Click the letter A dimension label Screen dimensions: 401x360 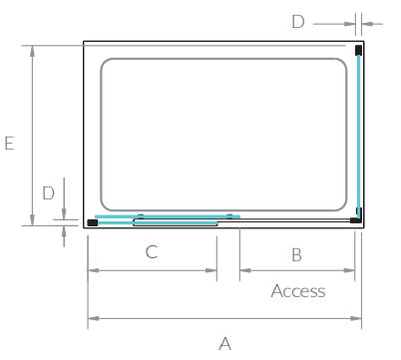tap(224, 344)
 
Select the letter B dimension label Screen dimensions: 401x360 tap(296, 255)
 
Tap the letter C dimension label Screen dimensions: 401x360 tap(152, 252)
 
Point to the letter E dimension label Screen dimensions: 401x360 tap(9, 143)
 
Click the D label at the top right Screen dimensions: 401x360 tap(298, 22)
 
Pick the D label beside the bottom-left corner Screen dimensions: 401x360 tap(48, 193)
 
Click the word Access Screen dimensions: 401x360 tap(298, 291)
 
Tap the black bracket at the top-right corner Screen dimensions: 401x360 tap(358, 50)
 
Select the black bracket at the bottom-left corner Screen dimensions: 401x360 tap(92, 222)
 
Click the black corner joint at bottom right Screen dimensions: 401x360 tap(357, 218)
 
